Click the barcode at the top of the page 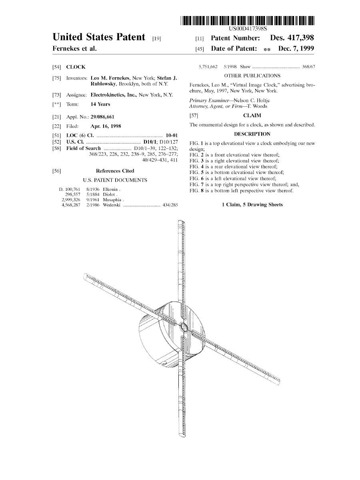pos(248,20)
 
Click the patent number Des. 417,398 pos(292,38)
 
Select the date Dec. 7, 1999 pos(296,48)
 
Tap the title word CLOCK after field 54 pos(76,67)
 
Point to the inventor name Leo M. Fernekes pos(110,78)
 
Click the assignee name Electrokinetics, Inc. pos(114,95)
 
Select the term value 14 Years pos(100,104)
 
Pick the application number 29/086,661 pos(102,117)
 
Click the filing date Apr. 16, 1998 pos(106,126)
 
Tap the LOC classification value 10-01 pos(172,135)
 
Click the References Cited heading pos(115,171)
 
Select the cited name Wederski pos(112,205)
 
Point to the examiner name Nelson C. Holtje pos(252,100)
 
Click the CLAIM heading pos(252,116)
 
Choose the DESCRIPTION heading pos(252,134)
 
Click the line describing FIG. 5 pos(237,172)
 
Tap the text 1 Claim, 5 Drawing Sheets pos(252,205)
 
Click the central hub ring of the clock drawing pos(183,328)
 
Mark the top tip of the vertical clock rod pos(181,220)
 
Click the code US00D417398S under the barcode pos(248,29)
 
